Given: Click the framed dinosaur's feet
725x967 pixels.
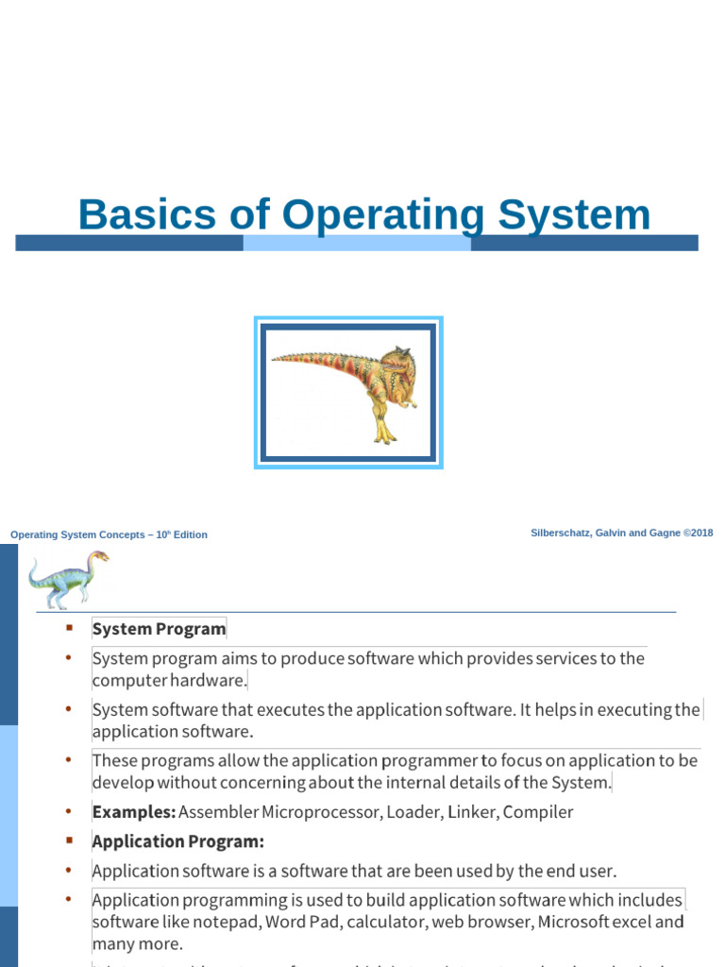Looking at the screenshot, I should (x=384, y=436).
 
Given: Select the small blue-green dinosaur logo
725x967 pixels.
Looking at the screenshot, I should (x=66, y=579).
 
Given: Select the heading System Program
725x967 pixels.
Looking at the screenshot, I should (x=159, y=629).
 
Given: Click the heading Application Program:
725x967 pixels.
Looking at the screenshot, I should (x=177, y=841).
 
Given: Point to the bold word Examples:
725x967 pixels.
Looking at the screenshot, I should (x=133, y=812).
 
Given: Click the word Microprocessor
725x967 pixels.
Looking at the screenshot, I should (x=312, y=812).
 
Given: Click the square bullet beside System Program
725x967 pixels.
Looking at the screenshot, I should (x=69, y=629).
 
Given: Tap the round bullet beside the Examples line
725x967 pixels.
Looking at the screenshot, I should (x=69, y=812).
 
